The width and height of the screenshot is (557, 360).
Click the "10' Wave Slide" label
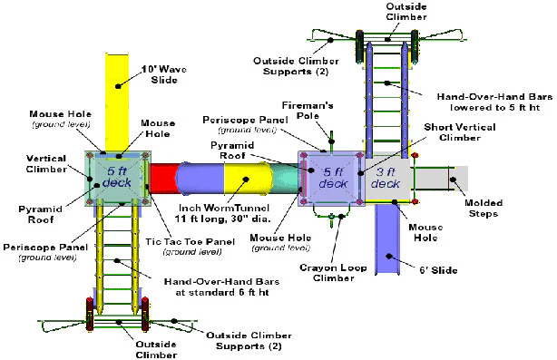(164, 74)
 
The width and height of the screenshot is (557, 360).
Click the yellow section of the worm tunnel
(246, 179)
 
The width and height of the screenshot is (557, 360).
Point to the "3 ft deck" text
(386, 178)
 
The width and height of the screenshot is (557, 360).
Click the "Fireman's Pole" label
(308, 111)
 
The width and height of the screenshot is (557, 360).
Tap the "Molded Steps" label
(484, 208)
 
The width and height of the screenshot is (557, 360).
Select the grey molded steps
(441, 179)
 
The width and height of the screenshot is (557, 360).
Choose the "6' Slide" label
(438, 270)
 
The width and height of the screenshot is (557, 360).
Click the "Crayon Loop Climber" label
(333, 273)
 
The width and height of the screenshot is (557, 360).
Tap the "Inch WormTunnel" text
(224, 208)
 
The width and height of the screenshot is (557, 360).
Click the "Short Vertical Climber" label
(460, 132)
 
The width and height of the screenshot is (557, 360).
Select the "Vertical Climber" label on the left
(46, 163)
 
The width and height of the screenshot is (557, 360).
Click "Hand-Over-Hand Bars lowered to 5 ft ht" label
(494, 102)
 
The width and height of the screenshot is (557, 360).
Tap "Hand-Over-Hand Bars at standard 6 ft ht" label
(221, 287)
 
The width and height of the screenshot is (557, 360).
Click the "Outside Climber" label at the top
(406, 12)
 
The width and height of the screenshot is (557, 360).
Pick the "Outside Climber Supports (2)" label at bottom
(249, 340)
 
